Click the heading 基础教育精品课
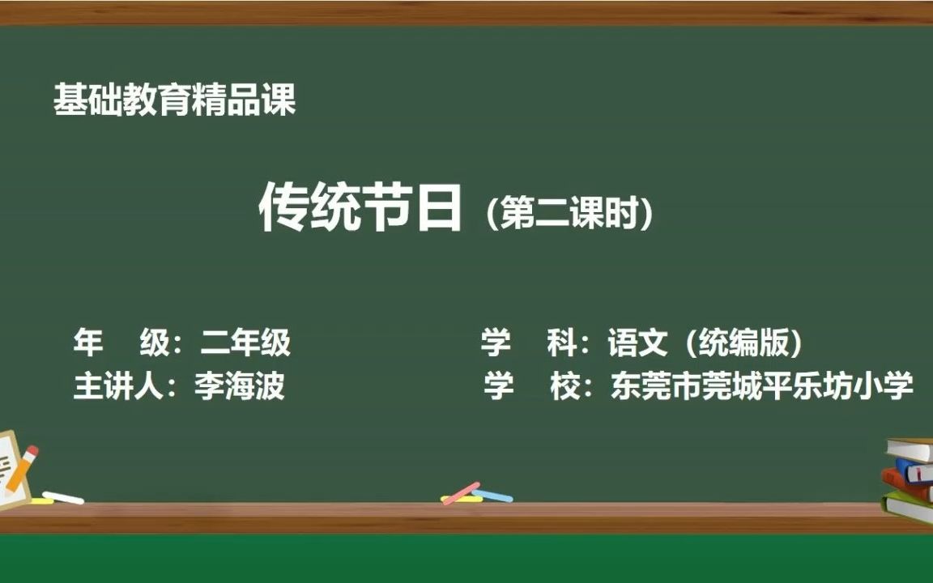pyautogui.click(x=174, y=100)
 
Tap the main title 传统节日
pyautogui.click(x=360, y=209)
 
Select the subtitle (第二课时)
pyautogui.click(x=569, y=214)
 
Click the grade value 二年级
pyautogui.click(x=245, y=343)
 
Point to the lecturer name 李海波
pyautogui.click(x=239, y=386)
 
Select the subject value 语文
pyautogui.click(x=637, y=343)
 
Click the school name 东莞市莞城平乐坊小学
pyautogui.click(x=762, y=385)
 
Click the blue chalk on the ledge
pyautogui.click(x=493, y=495)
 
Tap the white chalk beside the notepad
pyautogui.click(x=63, y=497)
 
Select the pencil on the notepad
pyautogui.click(x=21, y=469)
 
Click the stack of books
pyautogui.click(x=908, y=478)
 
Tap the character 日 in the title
pyautogui.click(x=438, y=209)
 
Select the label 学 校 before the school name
pyautogui.click(x=531, y=385)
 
